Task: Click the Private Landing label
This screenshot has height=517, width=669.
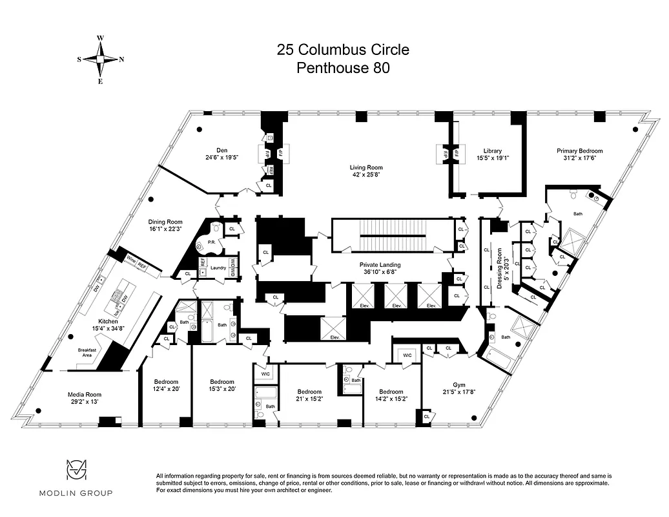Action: (x=380, y=265)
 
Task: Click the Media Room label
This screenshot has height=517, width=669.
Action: (x=85, y=394)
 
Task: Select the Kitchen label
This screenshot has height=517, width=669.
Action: (x=107, y=321)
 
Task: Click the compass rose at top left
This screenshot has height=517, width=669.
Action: (x=100, y=59)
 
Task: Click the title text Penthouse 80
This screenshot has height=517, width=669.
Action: (x=343, y=68)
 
